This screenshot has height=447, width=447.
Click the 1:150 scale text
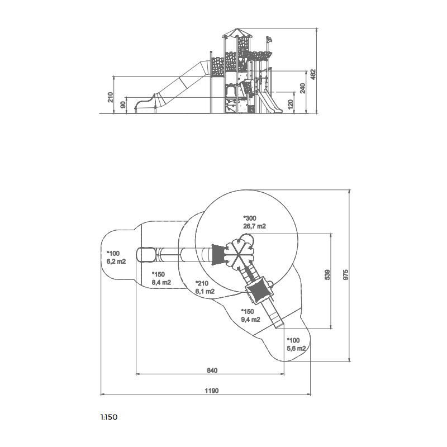click(x=109, y=417)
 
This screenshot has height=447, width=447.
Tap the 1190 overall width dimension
click(x=212, y=391)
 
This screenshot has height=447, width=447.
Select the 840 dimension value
click(x=212, y=370)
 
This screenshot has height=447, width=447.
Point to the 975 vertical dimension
click(x=345, y=274)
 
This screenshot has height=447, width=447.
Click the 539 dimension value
click(x=327, y=274)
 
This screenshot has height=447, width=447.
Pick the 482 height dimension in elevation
click(x=313, y=74)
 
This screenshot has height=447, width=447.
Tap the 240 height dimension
click(x=303, y=88)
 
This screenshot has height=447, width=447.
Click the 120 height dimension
click(x=291, y=104)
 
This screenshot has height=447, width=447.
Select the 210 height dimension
click(x=110, y=97)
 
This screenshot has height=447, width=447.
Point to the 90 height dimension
click(x=123, y=104)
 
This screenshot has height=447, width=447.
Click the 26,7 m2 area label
click(x=254, y=226)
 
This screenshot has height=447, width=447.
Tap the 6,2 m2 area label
click(x=116, y=261)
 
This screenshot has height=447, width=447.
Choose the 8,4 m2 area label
click(x=161, y=282)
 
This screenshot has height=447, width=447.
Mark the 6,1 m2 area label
click(x=205, y=291)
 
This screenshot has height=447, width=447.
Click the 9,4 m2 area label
click(x=250, y=319)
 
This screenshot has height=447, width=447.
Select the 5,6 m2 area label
click(x=296, y=348)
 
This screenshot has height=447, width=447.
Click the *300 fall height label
click(x=250, y=218)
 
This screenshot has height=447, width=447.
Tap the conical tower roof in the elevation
click(x=237, y=33)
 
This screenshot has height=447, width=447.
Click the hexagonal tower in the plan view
click(x=239, y=254)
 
